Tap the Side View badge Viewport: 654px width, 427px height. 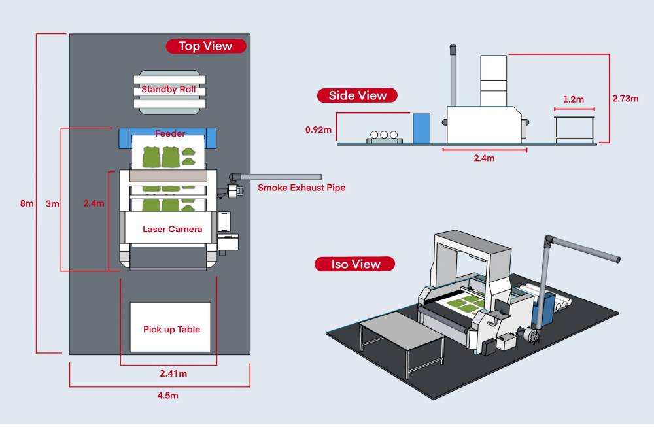point(357,95)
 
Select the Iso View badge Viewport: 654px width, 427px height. point(355,264)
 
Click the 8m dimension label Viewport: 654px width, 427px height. point(27,203)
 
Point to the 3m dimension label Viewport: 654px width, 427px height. point(53,203)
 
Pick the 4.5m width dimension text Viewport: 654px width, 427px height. point(160,395)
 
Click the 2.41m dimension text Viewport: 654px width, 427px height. point(174,374)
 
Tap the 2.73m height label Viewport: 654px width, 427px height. point(625,99)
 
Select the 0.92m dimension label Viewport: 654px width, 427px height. point(318,129)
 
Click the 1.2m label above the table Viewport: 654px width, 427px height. point(574,99)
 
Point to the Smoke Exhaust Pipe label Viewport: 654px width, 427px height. point(301,188)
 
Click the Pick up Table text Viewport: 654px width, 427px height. point(171,329)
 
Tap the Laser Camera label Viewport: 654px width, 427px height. point(172,229)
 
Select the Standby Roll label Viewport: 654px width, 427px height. point(169,89)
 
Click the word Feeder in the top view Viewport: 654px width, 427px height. point(170,133)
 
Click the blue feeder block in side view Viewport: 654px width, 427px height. point(421,128)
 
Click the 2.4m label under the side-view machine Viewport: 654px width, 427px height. point(485,158)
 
